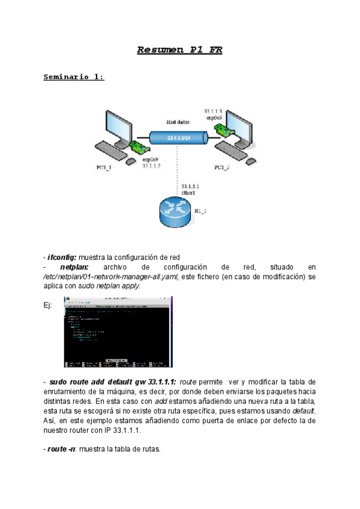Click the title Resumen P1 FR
(x=179, y=50)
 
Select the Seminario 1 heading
(x=74, y=77)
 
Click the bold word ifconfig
(x=63, y=257)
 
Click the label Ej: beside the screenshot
(x=48, y=306)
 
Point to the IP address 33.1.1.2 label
(x=151, y=165)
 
